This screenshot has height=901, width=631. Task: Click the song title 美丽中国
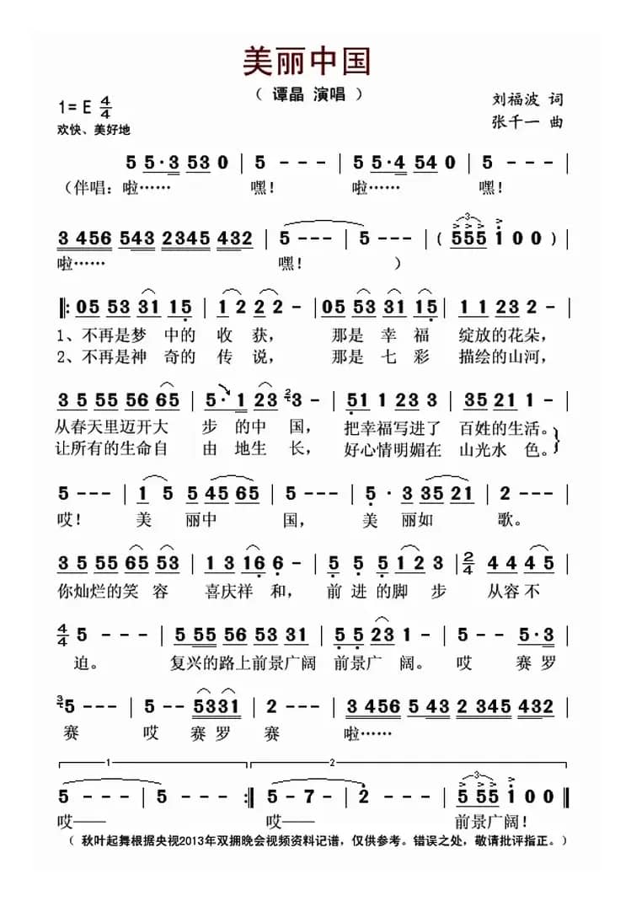tap(307, 61)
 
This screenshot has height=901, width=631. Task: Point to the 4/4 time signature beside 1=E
tap(106, 108)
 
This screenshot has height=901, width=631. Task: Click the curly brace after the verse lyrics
tap(559, 437)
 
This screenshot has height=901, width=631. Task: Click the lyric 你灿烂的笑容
tap(115, 591)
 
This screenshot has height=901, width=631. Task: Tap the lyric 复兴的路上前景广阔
tap(243, 662)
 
